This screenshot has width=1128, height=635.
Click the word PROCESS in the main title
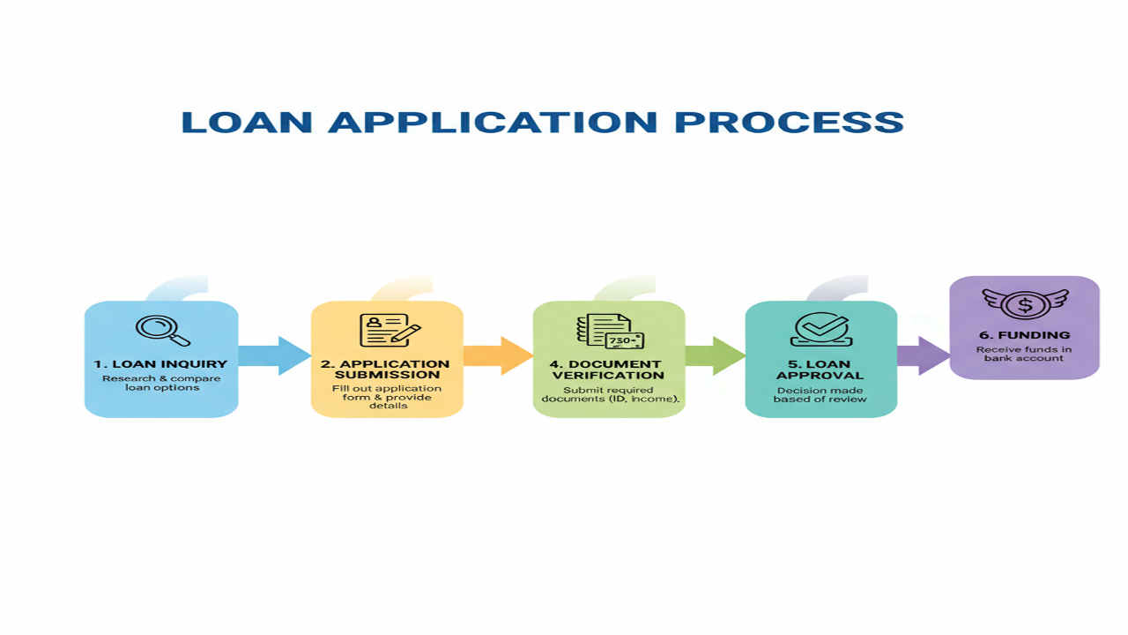(x=789, y=122)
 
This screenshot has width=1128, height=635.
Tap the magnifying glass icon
(x=162, y=331)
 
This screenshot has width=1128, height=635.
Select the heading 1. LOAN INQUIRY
(x=160, y=363)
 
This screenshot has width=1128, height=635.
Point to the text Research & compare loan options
(x=160, y=384)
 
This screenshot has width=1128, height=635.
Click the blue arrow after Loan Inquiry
(x=274, y=355)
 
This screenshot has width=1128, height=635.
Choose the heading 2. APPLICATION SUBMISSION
(x=387, y=370)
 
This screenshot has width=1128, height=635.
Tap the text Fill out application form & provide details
(x=387, y=397)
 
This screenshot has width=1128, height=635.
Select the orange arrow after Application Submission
(x=498, y=355)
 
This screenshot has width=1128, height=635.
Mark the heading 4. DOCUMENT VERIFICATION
(x=609, y=370)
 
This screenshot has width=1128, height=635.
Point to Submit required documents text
(x=609, y=394)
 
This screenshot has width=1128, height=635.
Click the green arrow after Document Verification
(x=715, y=355)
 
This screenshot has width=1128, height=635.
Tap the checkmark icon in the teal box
(x=821, y=328)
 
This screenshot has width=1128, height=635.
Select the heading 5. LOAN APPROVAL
(x=821, y=370)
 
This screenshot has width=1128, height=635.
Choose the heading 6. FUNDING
(x=1025, y=335)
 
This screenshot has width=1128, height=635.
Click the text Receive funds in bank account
(x=1025, y=354)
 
